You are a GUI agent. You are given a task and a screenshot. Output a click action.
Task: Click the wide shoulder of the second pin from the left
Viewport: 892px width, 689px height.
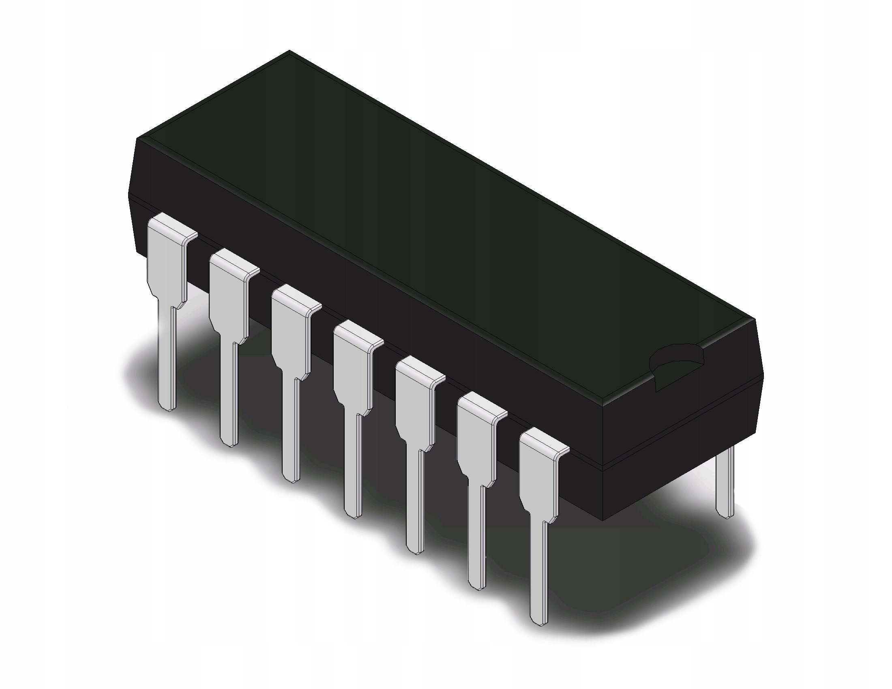[x=227, y=298]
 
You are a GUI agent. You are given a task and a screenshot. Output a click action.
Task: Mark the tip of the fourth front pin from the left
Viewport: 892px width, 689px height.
[x=353, y=513]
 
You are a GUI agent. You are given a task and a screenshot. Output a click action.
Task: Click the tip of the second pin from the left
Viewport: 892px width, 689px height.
[x=229, y=441]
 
